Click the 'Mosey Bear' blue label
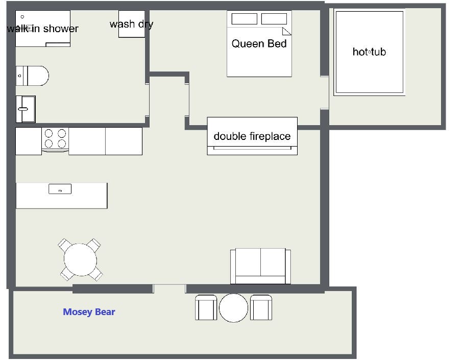click(x=89, y=311)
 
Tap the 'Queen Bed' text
click(x=259, y=43)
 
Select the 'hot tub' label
click(x=369, y=52)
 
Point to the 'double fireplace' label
click(x=252, y=136)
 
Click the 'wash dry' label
click(x=131, y=24)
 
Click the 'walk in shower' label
click(x=43, y=29)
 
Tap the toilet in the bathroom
click(x=32, y=76)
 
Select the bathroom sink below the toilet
click(x=26, y=109)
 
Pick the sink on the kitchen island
click(x=60, y=189)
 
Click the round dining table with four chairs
click(x=80, y=260)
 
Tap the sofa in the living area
click(x=260, y=266)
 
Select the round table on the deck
click(x=233, y=308)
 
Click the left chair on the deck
click(x=206, y=307)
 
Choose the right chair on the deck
click(x=261, y=307)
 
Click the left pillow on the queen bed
click(x=244, y=19)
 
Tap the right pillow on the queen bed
click(x=274, y=19)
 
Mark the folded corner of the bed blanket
click(x=287, y=31)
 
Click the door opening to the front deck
click(x=169, y=289)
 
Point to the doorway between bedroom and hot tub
click(x=324, y=92)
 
